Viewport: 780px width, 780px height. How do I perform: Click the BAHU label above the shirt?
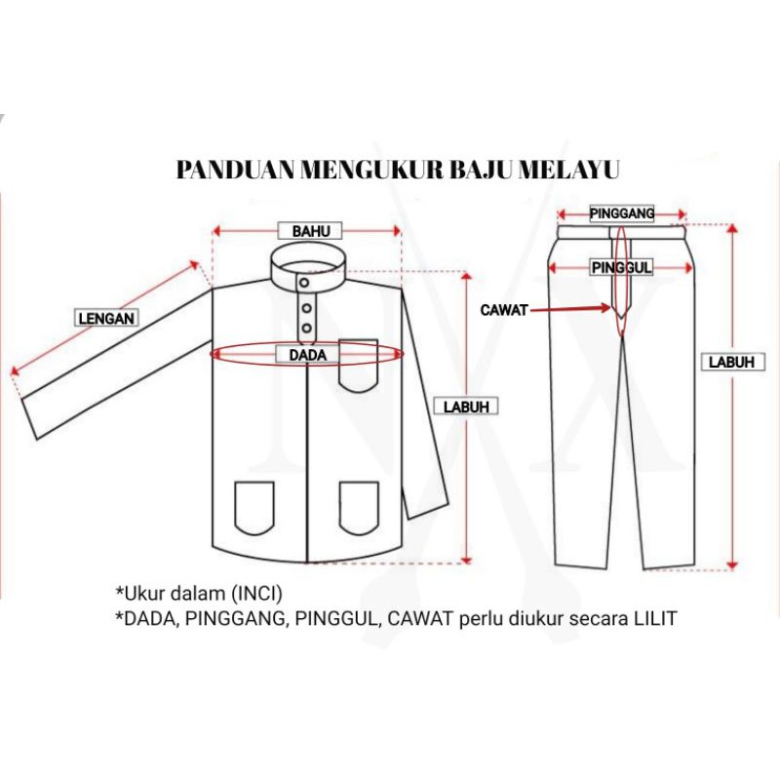pyautogui.click(x=310, y=231)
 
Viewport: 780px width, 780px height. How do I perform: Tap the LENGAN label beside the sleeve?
pyautogui.click(x=106, y=318)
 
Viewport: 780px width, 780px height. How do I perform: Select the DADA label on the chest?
pyautogui.click(x=308, y=355)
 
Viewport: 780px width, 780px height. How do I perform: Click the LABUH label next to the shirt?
pyautogui.click(x=466, y=407)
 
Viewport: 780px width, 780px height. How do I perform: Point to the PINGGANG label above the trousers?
pyautogui.click(x=621, y=214)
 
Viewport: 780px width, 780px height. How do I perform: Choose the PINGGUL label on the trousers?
pyautogui.click(x=621, y=267)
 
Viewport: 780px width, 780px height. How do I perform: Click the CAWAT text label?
pyautogui.click(x=503, y=310)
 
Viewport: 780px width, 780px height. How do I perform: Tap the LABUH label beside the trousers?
pyautogui.click(x=731, y=362)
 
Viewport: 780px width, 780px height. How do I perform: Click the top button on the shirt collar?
pyautogui.click(x=304, y=283)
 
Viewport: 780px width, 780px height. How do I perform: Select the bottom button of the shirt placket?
pyautogui.click(x=306, y=329)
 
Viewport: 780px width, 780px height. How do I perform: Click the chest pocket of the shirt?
pyautogui.click(x=358, y=366)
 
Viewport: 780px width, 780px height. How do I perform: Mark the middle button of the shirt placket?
pyautogui.click(x=306, y=308)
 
